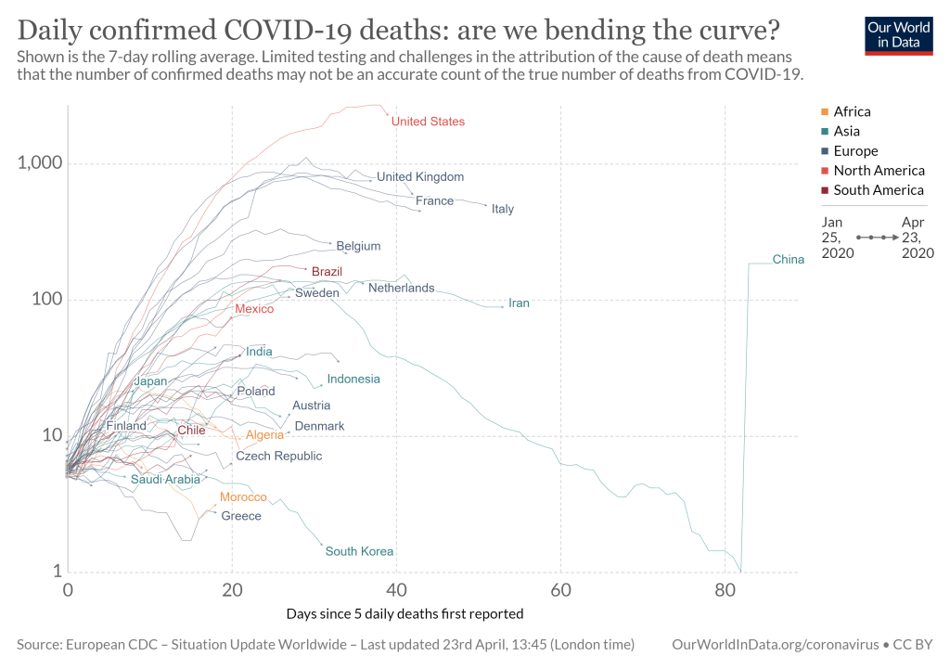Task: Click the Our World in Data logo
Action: pyautogui.click(x=899, y=34)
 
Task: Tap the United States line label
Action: pyautogui.click(x=428, y=122)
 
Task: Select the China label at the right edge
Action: pyautogui.click(x=789, y=260)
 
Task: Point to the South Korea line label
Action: pyautogui.click(x=360, y=552)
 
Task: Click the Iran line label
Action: pyautogui.click(x=519, y=303)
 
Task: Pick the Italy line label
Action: pyautogui.click(x=503, y=209)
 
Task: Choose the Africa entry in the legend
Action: pyautogui.click(x=852, y=111)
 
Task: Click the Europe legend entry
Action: pyautogui.click(x=855, y=151)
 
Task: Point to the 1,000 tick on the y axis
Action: pyautogui.click(x=39, y=163)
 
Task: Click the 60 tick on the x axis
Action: pyautogui.click(x=560, y=590)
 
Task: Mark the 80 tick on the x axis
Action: pyautogui.click(x=725, y=590)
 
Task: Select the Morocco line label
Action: pyautogui.click(x=243, y=498)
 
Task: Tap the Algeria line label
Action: pyautogui.click(x=264, y=435)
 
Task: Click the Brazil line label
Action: pyautogui.click(x=327, y=272)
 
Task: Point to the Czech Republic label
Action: pyautogui.click(x=278, y=457)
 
